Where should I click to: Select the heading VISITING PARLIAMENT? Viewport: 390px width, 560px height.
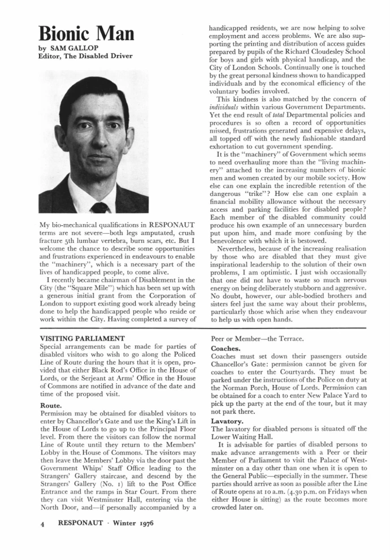tap(81, 340)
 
